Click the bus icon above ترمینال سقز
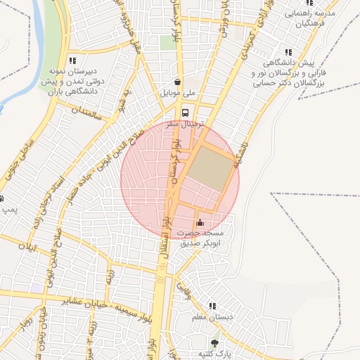click(184, 112)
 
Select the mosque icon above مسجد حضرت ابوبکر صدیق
click(200, 222)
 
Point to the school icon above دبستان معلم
click(211, 307)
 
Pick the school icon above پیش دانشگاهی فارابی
click(288, 52)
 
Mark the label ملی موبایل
click(180, 92)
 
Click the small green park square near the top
click(167, 42)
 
